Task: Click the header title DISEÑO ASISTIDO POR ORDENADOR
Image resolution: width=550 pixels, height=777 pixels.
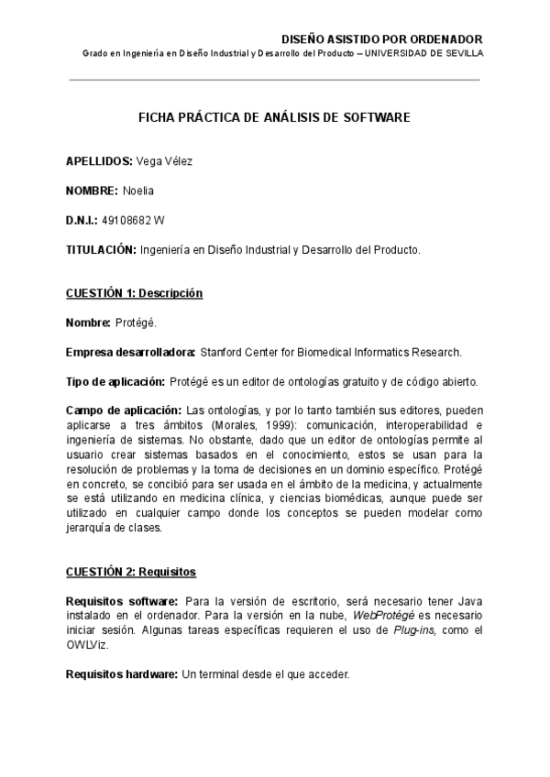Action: point(380,39)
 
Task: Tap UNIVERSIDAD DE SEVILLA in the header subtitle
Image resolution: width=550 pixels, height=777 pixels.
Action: point(434,53)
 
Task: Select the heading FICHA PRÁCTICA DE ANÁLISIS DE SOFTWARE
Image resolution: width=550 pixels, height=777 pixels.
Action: point(274,118)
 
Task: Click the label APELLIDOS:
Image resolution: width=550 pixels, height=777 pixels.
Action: point(99,161)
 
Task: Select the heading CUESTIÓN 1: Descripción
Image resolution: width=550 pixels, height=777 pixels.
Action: point(134,293)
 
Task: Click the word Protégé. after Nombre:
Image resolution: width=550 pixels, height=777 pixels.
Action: point(137,323)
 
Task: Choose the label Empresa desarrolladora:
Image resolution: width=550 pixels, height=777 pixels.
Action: point(131,352)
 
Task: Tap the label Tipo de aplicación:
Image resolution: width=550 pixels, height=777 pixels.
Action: point(115,381)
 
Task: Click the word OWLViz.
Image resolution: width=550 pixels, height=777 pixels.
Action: point(87,645)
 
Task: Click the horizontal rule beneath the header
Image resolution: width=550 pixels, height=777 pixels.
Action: point(274,80)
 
